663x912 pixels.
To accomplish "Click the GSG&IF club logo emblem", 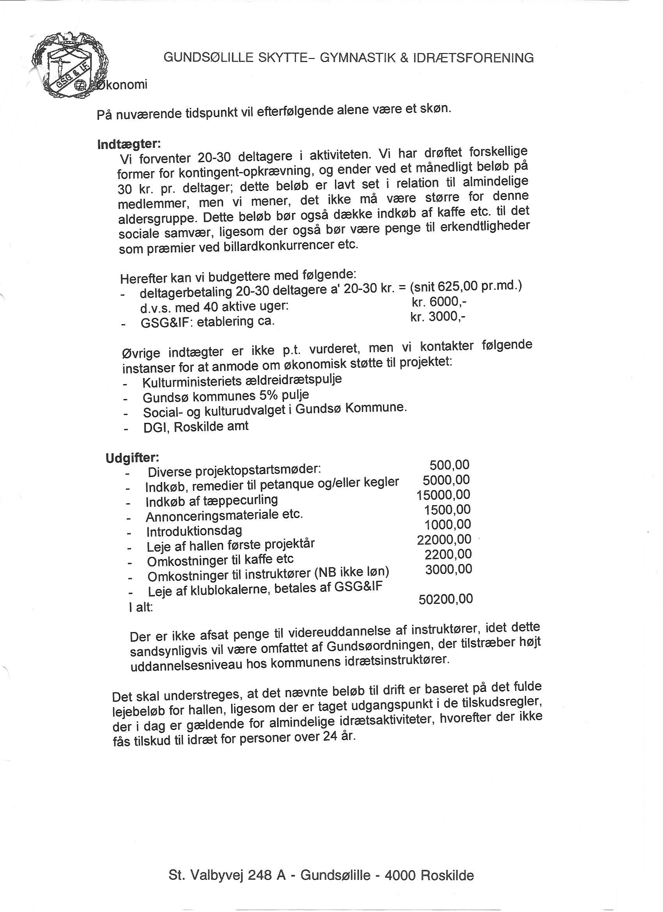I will (x=71, y=66).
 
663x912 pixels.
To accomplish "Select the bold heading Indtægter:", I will (x=129, y=144).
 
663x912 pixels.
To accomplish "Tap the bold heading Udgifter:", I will (x=133, y=458).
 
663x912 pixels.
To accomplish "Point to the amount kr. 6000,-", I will (x=439, y=302).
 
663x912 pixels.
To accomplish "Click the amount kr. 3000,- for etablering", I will (x=438, y=317).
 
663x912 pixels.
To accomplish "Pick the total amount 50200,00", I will (x=445, y=599).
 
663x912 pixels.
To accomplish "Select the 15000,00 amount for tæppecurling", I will (x=443, y=495).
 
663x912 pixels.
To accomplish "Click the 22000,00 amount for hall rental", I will (x=444, y=539).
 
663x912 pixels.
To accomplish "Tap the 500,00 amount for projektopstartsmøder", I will (x=450, y=465).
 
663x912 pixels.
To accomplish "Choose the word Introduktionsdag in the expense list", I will (x=194, y=531).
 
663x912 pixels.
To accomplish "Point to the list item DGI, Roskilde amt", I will (x=196, y=426).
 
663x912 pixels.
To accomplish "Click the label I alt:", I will (x=141, y=607).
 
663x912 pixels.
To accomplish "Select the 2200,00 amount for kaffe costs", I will (x=448, y=554).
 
